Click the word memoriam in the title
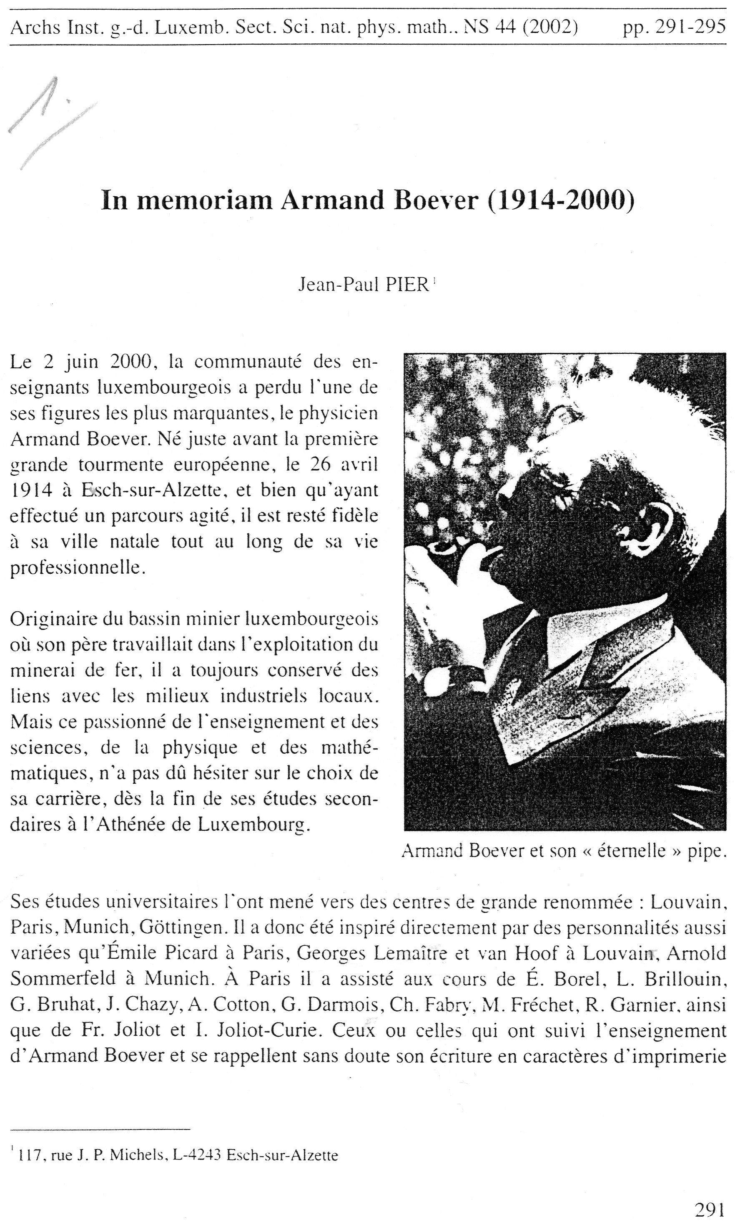[204, 201]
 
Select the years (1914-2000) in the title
[560, 201]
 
